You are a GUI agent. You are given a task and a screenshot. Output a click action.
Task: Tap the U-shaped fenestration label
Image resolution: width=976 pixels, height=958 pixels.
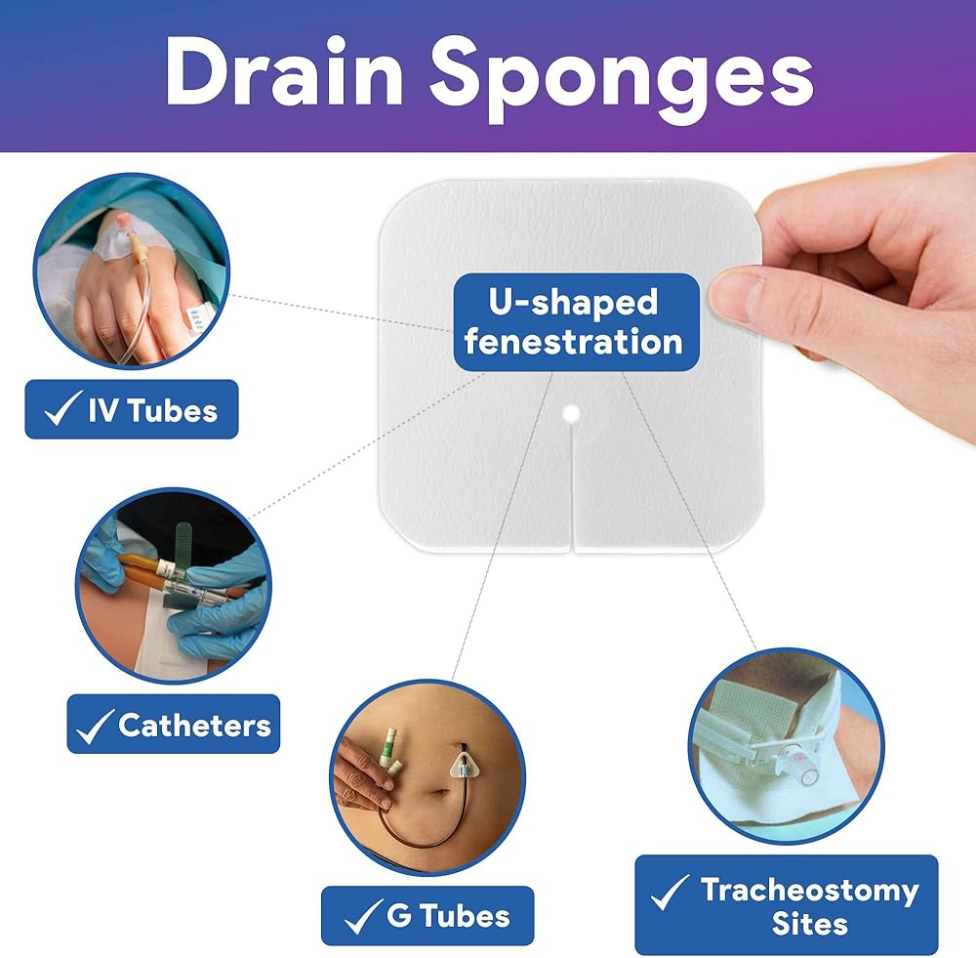(577, 322)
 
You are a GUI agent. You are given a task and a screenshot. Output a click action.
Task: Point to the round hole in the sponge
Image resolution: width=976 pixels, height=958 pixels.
(571, 413)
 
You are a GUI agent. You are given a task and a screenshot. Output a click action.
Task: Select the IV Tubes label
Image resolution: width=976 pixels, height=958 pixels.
(132, 409)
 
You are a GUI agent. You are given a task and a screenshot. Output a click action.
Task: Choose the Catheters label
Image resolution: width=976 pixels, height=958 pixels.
(173, 724)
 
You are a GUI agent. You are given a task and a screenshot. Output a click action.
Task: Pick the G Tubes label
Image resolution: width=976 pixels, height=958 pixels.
(427, 916)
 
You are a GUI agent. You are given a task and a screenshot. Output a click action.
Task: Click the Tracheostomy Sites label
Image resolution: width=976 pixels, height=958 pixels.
(786, 905)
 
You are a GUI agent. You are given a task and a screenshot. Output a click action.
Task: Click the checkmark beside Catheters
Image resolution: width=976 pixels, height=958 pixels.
(95, 726)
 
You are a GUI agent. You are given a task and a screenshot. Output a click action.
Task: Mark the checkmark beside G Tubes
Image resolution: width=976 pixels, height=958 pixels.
(363, 916)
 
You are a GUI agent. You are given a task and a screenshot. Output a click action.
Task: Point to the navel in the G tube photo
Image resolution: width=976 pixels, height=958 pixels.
(441, 793)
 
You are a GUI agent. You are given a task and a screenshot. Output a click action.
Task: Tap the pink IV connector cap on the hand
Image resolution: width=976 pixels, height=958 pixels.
(124, 221)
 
